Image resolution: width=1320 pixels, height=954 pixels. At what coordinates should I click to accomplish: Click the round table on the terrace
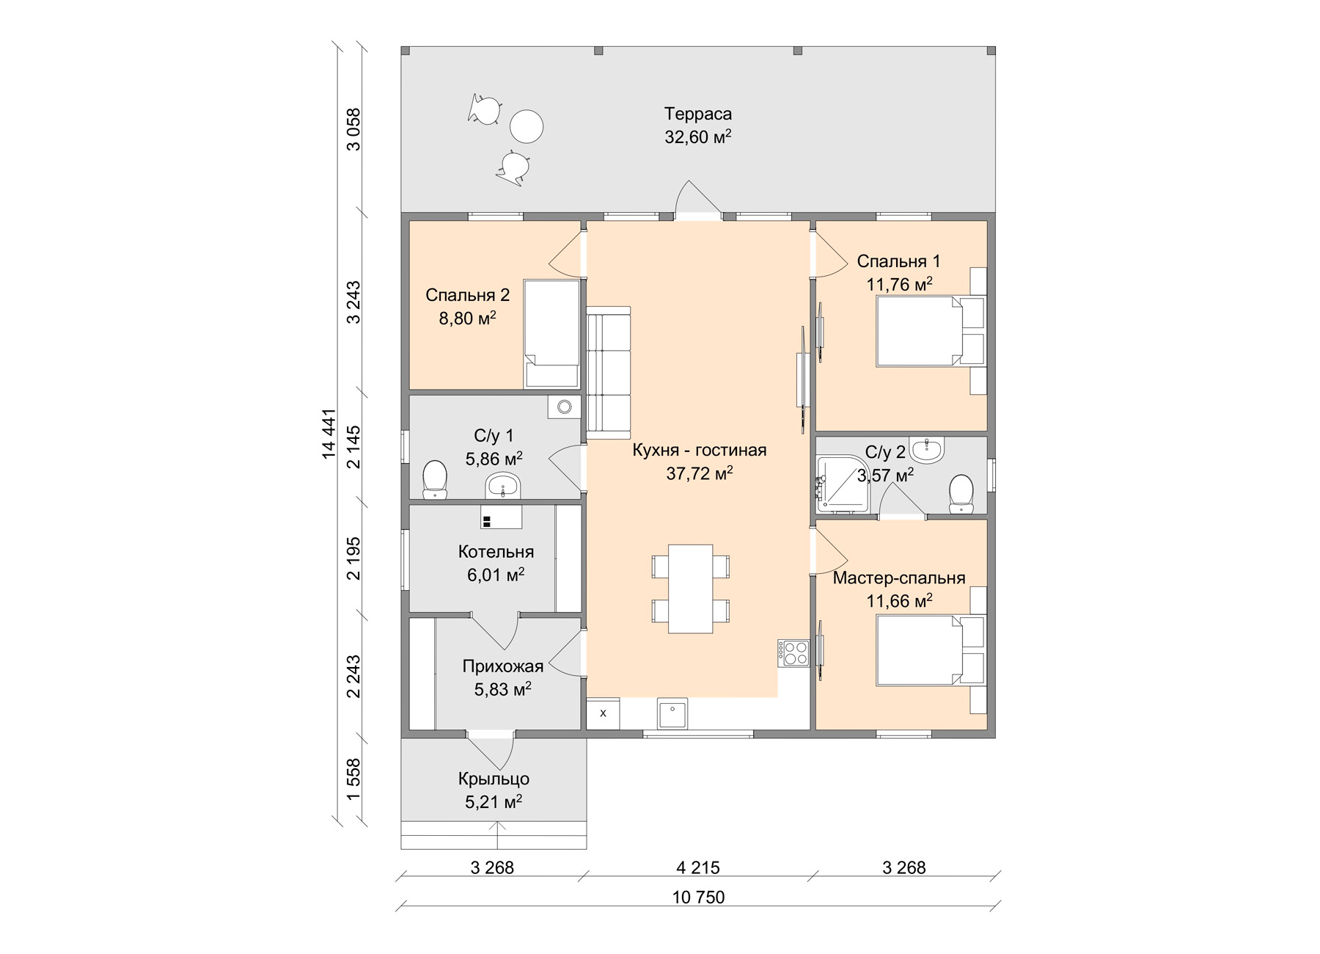click(x=527, y=126)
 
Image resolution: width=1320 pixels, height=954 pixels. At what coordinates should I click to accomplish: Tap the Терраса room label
click(x=698, y=114)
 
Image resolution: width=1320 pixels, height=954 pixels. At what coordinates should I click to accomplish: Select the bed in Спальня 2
click(x=551, y=333)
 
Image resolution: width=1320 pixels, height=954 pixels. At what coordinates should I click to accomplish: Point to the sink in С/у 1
click(x=503, y=485)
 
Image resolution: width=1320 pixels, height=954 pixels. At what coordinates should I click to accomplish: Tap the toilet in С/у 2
click(x=961, y=494)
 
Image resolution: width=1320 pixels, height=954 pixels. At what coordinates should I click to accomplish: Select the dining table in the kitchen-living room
click(x=690, y=589)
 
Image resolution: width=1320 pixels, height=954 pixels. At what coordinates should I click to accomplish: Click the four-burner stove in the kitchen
click(x=793, y=653)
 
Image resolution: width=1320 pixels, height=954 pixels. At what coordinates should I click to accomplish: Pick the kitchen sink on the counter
click(x=672, y=715)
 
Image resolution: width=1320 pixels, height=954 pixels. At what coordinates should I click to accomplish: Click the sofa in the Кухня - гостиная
click(x=608, y=373)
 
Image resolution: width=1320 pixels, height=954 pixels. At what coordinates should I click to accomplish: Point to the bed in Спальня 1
click(x=919, y=331)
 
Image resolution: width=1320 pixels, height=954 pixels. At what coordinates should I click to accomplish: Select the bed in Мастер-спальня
click(x=919, y=651)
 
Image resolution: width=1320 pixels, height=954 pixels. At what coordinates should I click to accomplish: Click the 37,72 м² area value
click(x=700, y=474)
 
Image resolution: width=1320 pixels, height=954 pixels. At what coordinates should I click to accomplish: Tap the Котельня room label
click(x=496, y=552)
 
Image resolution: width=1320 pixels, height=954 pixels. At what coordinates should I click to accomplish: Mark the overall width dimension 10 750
click(x=698, y=897)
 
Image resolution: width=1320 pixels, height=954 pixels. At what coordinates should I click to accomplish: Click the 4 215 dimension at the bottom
click(x=698, y=867)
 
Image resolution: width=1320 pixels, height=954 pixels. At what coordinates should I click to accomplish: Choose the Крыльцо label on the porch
click(x=494, y=779)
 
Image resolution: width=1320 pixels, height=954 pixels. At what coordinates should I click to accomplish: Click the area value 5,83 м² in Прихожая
click(x=503, y=690)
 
